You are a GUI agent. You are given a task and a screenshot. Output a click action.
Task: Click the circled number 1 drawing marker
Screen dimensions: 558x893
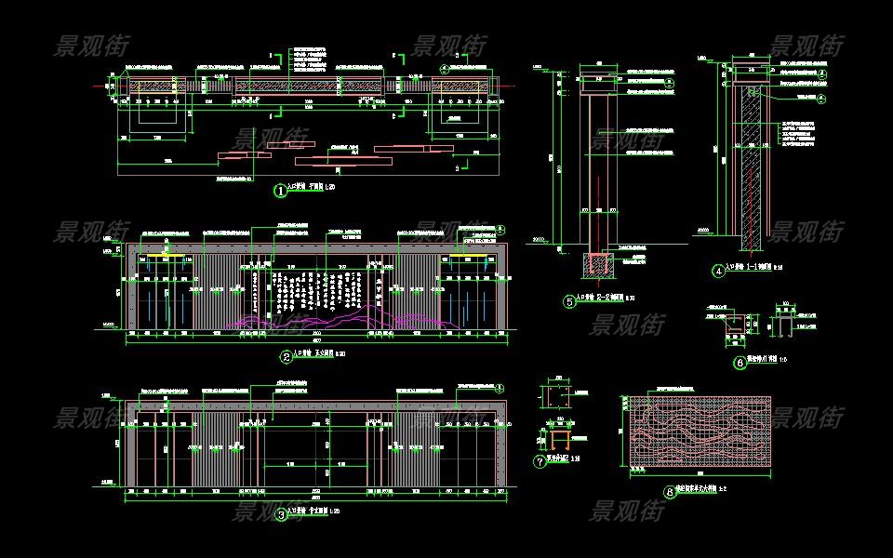[279, 191]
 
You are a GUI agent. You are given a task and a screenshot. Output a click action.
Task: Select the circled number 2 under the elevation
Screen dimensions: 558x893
[286, 356]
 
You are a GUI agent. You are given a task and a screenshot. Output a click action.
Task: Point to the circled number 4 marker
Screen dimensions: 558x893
[718, 272]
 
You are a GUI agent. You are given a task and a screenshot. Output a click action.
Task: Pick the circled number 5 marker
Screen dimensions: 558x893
[569, 301]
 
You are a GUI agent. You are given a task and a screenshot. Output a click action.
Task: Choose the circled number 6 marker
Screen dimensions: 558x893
[740, 363]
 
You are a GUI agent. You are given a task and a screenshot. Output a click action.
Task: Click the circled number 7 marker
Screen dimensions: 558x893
[540, 461]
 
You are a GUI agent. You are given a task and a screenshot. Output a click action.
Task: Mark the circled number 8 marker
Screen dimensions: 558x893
[670, 492]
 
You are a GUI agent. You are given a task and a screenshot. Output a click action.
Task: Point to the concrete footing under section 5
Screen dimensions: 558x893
[595, 266]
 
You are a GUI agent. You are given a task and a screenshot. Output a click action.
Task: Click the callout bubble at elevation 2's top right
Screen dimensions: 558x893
[498, 229]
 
